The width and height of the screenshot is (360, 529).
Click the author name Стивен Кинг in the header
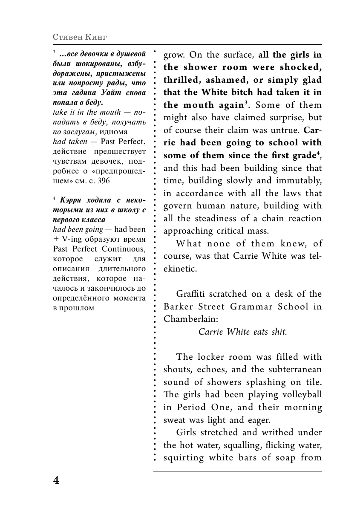tap(80, 37)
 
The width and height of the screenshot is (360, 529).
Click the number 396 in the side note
tap(103, 181)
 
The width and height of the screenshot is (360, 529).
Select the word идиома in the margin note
tap(116, 132)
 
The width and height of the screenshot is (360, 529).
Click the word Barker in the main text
tap(179, 306)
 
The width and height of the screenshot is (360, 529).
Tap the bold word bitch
tap(243, 92)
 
